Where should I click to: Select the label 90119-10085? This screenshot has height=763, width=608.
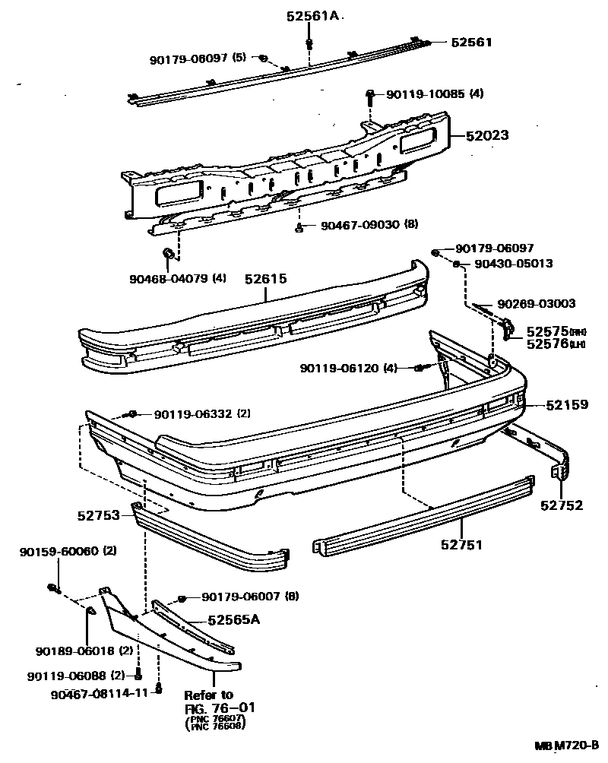point(425,94)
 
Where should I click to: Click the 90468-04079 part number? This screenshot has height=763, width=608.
point(168,278)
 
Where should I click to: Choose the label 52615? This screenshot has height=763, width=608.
point(265,279)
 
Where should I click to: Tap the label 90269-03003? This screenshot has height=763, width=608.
point(537,303)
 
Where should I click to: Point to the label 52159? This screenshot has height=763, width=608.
point(567,405)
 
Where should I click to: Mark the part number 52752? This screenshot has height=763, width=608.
point(562,505)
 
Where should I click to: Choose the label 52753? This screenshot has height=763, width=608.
point(98,515)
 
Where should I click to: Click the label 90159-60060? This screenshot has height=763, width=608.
point(59,551)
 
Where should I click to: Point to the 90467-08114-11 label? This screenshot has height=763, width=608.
point(101,694)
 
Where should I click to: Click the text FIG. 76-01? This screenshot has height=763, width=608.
point(220,708)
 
